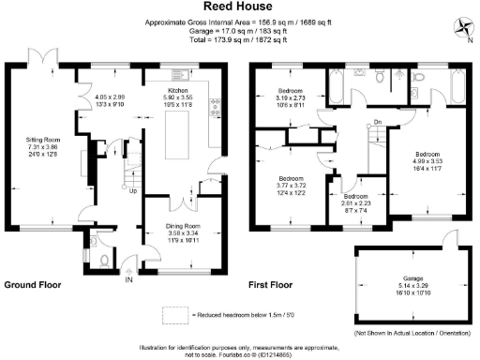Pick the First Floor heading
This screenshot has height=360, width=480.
point(272,283)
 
